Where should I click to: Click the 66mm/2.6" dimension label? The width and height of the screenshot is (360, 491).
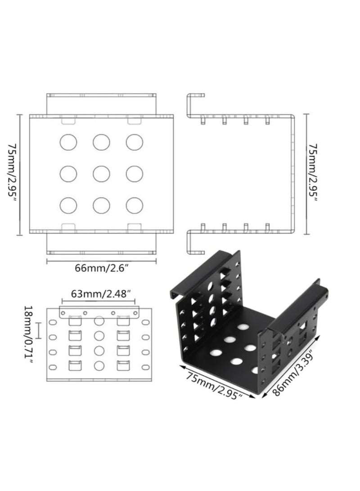coord(101,269)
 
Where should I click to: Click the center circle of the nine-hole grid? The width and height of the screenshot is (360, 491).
coord(101,174)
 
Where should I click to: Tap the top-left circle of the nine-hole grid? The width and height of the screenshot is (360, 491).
coord(68,142)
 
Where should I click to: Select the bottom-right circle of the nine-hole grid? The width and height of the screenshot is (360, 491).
coord(134,205)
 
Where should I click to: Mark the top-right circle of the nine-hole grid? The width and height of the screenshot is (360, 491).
coord(134,142)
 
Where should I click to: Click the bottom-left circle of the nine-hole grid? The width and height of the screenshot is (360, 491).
coord(68,205)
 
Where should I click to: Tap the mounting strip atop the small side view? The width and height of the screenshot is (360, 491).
coord(100,311)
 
